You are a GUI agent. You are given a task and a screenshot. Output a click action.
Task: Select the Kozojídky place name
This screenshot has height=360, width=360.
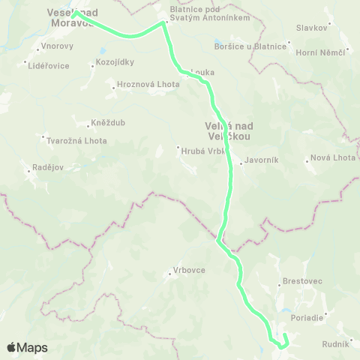coord(114,62)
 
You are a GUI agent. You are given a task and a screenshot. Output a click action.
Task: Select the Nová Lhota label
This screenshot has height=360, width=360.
coord(332,158)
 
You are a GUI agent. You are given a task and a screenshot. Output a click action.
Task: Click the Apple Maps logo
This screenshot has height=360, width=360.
coord(27,347)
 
